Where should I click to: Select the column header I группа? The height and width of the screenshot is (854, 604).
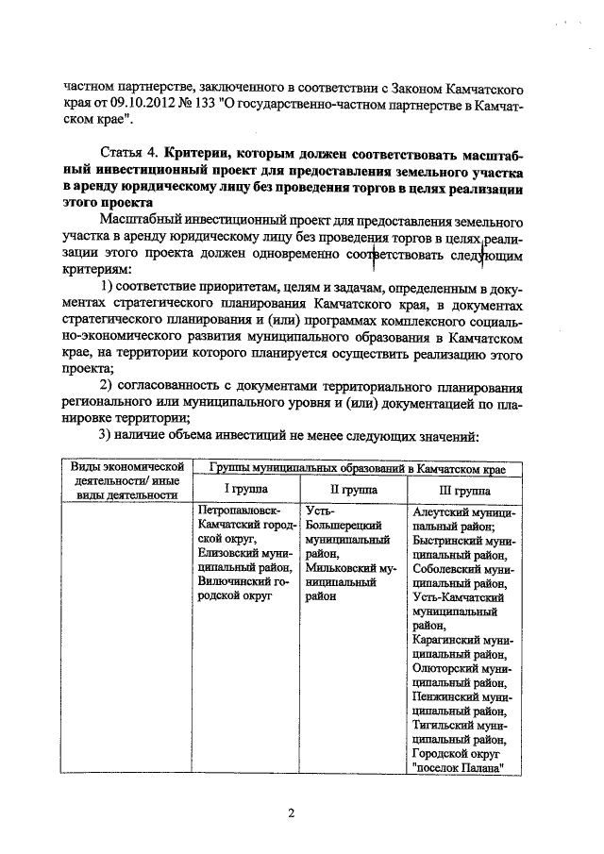(244, 491)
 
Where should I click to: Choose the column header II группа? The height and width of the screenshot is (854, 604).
(353, 491)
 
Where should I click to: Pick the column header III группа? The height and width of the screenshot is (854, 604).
(464, 491)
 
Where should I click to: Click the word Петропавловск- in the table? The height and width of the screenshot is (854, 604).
(239, 511)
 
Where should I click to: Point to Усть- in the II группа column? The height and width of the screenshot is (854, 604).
(321, 511)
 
